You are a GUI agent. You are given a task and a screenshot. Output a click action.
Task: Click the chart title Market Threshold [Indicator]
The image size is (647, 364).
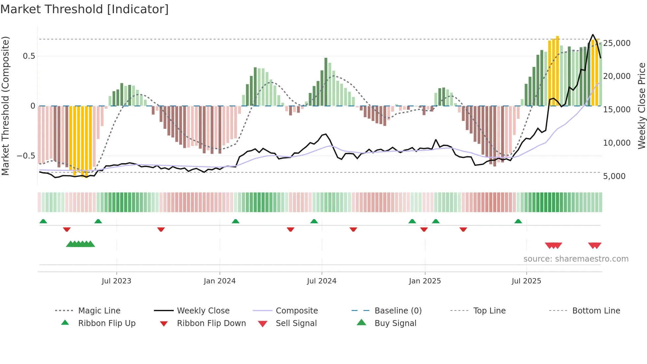[x=85, y=9]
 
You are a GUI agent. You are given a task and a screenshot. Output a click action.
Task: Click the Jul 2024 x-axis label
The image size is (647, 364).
[x=322, y=281]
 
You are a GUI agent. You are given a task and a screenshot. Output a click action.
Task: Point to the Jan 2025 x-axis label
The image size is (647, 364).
[x=425, y=281]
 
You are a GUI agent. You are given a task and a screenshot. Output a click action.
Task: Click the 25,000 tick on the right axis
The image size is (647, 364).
[x=617, y=43]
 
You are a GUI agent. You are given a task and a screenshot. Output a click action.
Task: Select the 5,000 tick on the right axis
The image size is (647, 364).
[x=614, y=176]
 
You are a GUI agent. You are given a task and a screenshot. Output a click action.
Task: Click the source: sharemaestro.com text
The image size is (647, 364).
[x=576, y=259]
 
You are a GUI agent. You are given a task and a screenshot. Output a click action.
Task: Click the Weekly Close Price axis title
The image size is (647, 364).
[x=641, y=106]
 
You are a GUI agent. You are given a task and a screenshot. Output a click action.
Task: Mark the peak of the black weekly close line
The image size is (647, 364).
[x=593, y=35]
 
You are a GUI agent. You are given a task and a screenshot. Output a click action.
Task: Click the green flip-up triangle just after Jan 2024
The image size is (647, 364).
[x=235, y=221]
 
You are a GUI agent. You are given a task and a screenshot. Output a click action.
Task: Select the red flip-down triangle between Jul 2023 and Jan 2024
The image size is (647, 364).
[x=161, y=229]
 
